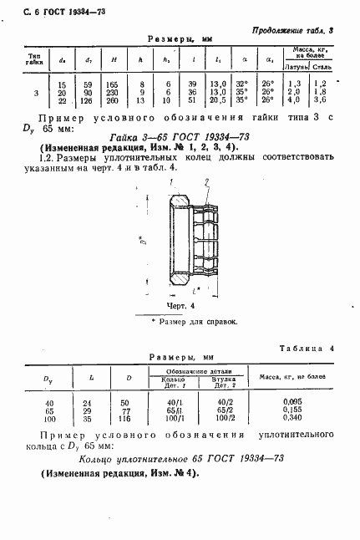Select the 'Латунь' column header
pyautogui.click(x=296, y=64)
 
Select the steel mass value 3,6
pyautogui.click(x=322, y=100)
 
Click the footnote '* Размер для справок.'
pyautogui.click(x=194, y=321)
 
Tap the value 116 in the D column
pyautogui.click(x=128, y=418)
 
